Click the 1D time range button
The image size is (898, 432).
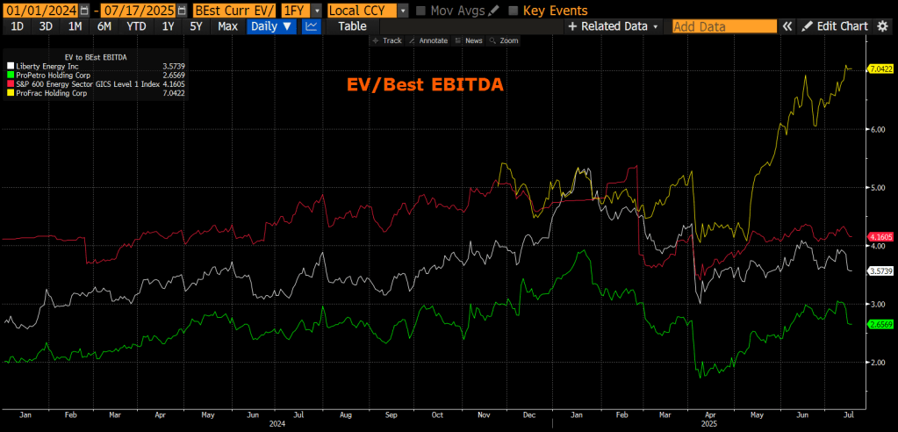[16, 26]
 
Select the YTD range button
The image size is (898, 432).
[136, 26]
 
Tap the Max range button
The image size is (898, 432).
[228, 26]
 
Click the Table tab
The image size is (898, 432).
[353, 26]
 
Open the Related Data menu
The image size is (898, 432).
[614, 26]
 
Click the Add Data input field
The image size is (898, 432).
[724, 26]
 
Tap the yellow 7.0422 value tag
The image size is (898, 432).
[880, 68]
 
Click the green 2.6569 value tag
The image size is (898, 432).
[880, 324]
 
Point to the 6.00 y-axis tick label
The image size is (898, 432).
[877, 129]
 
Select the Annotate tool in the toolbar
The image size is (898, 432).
[433, 40]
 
